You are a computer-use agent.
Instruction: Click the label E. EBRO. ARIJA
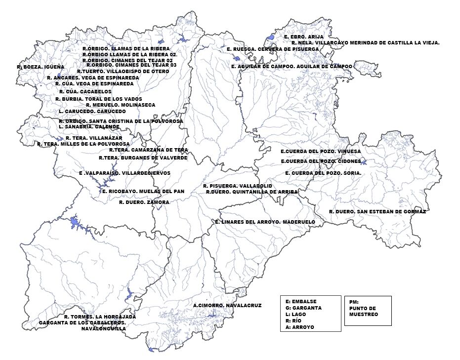tap(303, 37)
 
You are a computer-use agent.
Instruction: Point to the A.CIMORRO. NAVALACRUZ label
tap(227, 306)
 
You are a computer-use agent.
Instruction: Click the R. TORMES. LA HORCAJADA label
tap(100, 317)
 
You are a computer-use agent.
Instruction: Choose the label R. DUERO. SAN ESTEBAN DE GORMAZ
tap(377, 211)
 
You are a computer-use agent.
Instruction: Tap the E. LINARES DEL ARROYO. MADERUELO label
tap(265, 222)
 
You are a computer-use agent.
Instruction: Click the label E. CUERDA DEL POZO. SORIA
tap(323, 173)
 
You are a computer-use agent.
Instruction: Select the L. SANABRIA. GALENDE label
tap(89, 127)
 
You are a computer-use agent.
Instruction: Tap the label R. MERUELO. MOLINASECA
tap(121, 105)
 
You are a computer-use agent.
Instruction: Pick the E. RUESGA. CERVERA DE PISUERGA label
tap(273, 49)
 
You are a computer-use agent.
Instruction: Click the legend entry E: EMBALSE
tap(301, 301)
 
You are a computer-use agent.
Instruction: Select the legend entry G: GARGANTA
tap(303, 308)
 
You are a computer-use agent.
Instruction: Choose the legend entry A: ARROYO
tap(299, 327)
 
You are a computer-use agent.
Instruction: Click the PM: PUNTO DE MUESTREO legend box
tap(368, 310)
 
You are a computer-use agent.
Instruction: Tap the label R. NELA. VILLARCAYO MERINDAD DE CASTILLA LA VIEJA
tap(365, 43)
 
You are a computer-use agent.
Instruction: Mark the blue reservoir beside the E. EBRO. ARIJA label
tap(270, 38)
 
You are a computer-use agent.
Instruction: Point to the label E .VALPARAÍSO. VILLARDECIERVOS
tap(125, 173)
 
